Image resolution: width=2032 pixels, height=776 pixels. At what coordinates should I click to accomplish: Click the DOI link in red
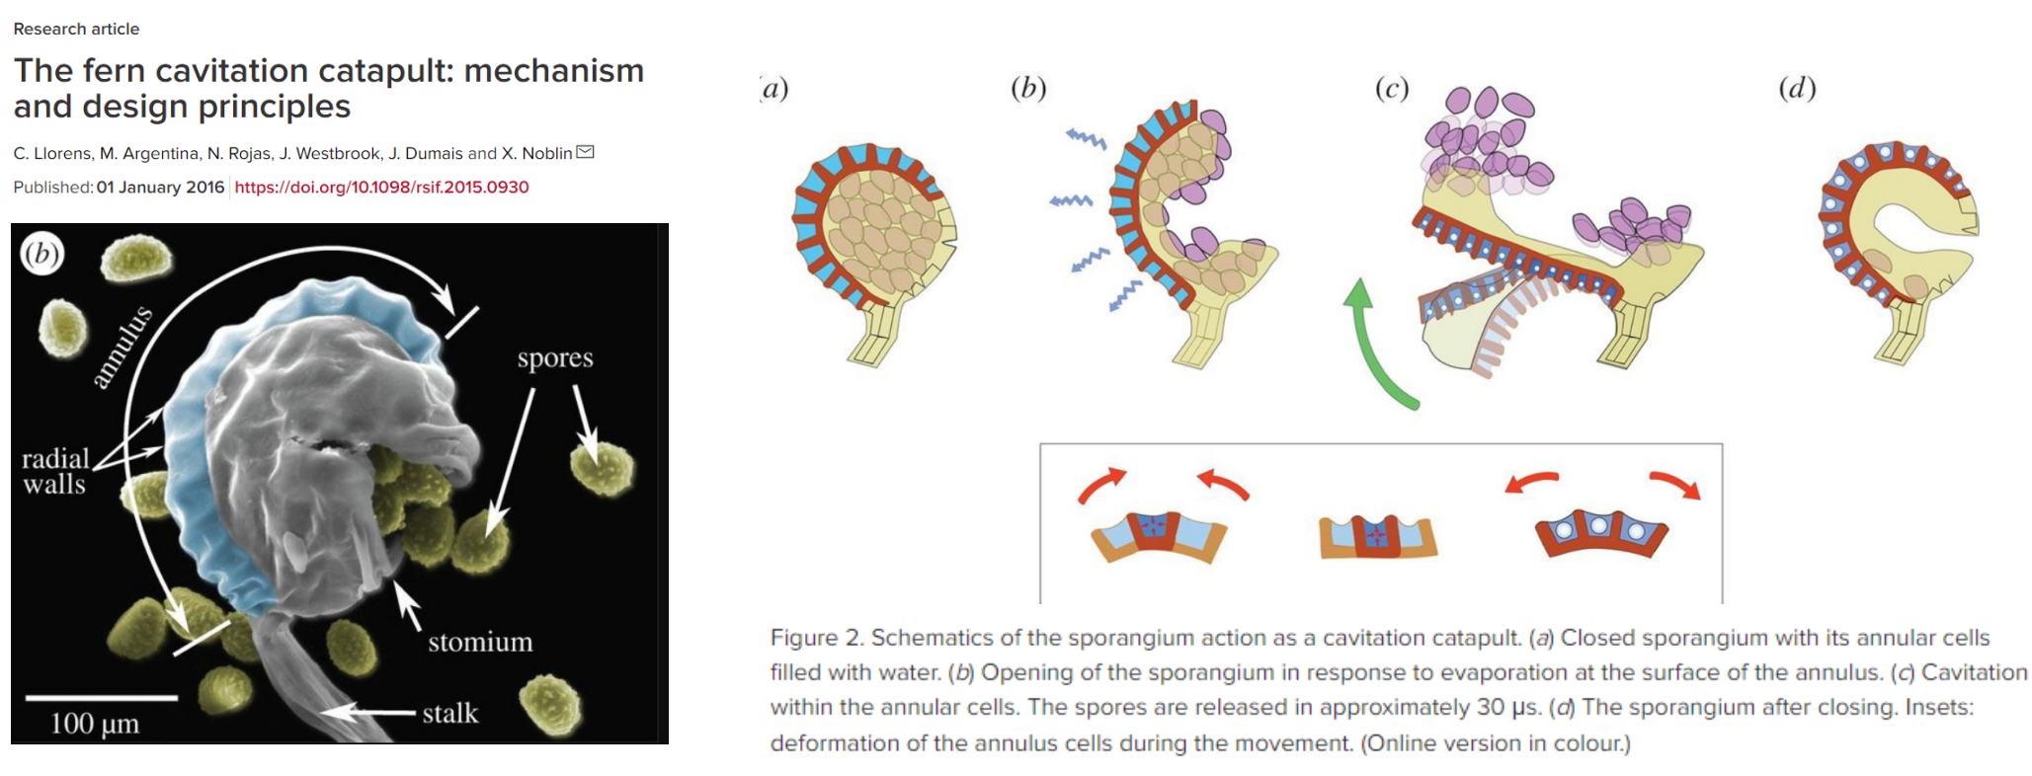point(381,187)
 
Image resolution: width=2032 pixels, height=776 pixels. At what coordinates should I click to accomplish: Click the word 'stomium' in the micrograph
point(480,642)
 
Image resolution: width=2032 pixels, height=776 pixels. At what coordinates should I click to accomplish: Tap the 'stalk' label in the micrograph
point(450,713)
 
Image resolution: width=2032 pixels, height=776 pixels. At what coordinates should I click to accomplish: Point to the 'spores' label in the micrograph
point(555,358)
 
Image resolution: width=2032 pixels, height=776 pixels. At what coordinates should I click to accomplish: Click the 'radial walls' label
point(55,471)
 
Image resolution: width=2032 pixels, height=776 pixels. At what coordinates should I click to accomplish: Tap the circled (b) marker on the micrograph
point(41,254)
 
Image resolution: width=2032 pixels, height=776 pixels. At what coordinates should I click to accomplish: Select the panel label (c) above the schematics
point(1392,89)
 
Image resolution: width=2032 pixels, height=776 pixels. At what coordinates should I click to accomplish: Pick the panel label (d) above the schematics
point(1797,89)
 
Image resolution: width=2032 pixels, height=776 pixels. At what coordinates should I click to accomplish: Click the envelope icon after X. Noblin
point(585,152)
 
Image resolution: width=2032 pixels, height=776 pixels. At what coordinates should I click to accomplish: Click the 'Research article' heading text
point(76,29)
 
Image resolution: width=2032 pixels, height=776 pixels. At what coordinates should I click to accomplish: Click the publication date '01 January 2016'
point(160,187)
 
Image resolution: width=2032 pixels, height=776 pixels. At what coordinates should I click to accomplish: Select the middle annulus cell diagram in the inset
point(1377,536)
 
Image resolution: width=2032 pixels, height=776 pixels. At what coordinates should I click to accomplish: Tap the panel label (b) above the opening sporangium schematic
point(1028,89)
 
